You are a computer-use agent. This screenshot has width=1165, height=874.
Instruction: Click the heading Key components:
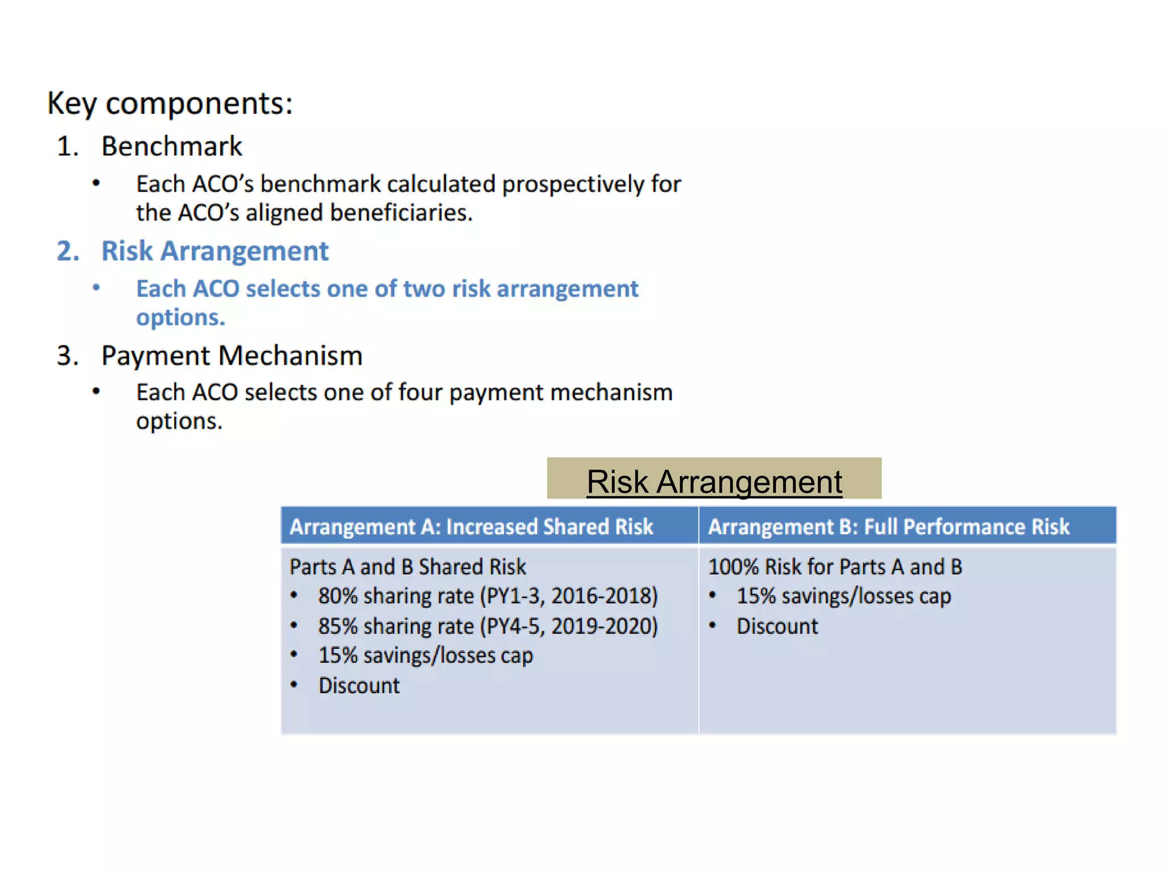pos(170,104)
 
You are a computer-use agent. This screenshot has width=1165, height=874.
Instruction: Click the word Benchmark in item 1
pos(171,146)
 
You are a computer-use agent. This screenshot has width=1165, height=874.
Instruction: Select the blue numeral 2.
pos(68,251)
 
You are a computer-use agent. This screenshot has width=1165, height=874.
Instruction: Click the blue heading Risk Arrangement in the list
pos(215,251)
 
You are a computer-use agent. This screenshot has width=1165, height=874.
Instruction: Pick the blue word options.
pos(180,318)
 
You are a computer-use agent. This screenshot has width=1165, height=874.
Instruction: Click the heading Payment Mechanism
pos(232,356)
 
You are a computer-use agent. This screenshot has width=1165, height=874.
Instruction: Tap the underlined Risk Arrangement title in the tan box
pos(714,482)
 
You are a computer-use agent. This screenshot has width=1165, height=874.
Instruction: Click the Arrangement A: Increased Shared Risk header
pos(471,526)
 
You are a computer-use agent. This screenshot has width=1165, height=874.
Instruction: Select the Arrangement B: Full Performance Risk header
pos(889,526)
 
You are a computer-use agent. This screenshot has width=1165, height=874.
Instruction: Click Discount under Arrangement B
pos(777,626)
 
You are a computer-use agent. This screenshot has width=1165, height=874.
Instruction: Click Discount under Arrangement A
pos(359,686)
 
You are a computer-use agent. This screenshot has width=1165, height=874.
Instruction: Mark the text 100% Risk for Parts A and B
pos(834,567)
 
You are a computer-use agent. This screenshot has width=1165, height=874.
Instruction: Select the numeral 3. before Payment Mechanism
pos(68,356)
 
